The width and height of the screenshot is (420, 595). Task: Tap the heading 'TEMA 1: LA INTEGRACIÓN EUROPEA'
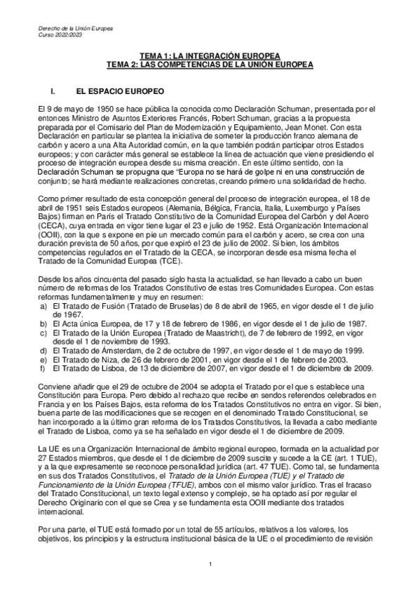(210, 55)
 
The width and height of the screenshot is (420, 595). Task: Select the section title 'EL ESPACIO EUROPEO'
(120, 92)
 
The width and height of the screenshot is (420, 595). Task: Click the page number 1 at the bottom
(210, 565)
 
